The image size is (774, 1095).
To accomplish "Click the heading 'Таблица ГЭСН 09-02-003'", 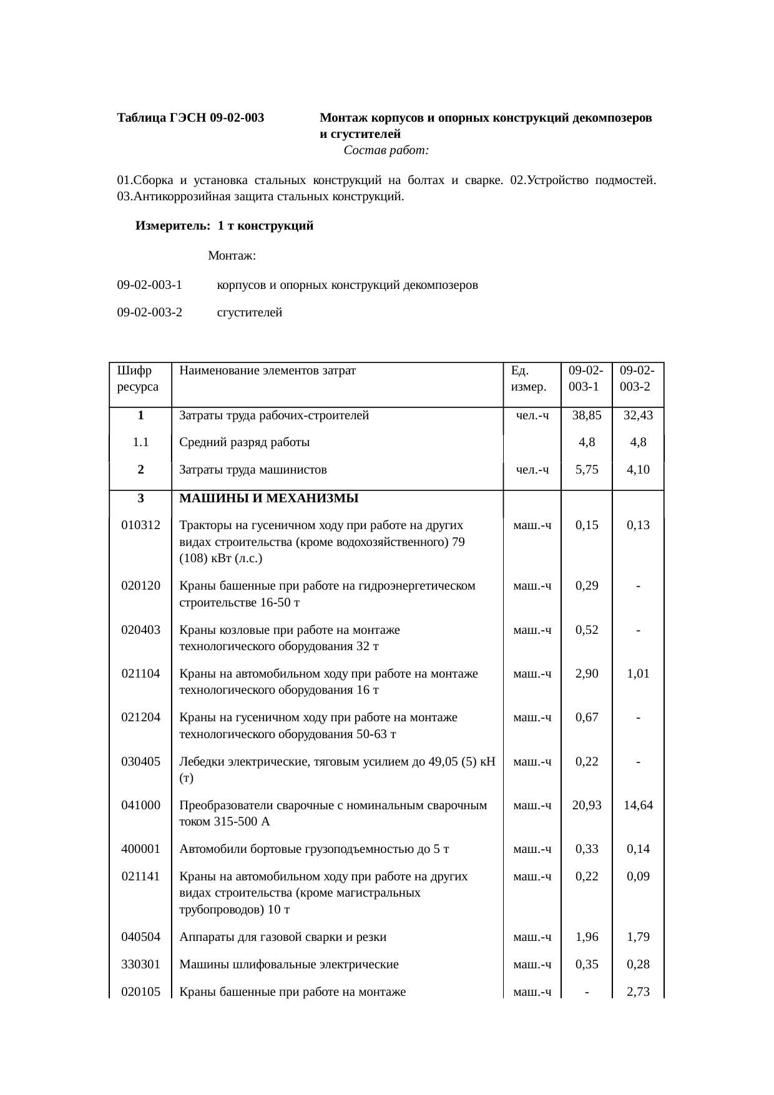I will pos(190,117).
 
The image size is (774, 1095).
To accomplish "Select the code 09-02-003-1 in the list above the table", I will pos(149,285).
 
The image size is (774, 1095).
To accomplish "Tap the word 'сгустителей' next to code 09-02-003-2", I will pos(250,313).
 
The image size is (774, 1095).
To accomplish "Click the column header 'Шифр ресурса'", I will pos(137,378).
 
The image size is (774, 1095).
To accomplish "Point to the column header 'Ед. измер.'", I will pos(528,378).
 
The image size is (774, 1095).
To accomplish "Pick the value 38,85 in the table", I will pos(587,415).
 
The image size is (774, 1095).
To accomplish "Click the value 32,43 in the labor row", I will pos(638,415).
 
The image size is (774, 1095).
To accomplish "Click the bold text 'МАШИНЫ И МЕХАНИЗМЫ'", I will pos(269,498).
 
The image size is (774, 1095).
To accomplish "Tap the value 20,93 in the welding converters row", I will pos(587,805).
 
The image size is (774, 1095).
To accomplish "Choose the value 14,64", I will pos(638,805).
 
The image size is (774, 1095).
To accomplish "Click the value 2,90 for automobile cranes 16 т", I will pos(587,673).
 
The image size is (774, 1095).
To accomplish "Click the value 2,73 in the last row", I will pos(638,991).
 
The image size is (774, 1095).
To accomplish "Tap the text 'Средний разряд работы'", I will pos(245,442).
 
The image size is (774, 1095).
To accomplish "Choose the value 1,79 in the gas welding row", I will pos(638,937).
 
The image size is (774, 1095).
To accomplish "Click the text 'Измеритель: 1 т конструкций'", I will pos(224,226).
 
